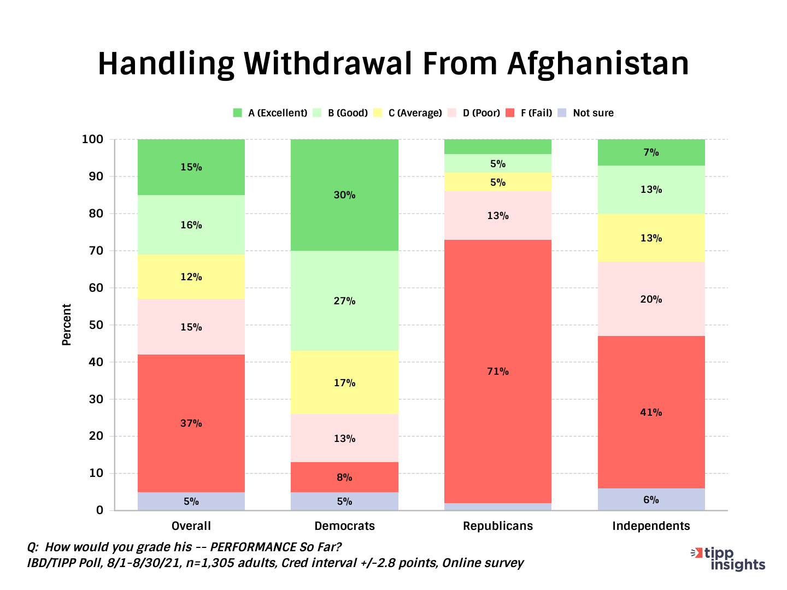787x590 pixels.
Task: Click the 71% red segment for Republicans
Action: point(497,371)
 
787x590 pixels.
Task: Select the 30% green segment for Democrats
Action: point(344,195)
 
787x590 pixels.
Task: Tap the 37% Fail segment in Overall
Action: point(191,423)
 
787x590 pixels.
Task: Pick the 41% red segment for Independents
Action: point(651,412)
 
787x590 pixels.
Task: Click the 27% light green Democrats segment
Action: point(344,301)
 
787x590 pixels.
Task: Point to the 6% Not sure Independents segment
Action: point(651,500)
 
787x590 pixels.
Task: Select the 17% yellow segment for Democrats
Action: point(344,383)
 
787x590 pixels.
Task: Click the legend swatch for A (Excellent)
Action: point(237,113)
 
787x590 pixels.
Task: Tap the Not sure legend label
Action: point(593,113)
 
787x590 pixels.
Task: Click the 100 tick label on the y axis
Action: point(92,139)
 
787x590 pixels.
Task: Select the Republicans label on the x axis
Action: point(497,526)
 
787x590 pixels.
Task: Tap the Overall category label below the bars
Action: point(191,526)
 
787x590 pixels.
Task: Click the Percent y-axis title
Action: point(67,325)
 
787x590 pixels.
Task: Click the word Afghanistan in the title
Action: point(598,64)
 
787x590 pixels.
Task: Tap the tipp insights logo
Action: point(729,559)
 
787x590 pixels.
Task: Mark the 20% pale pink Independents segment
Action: point(651,299)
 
